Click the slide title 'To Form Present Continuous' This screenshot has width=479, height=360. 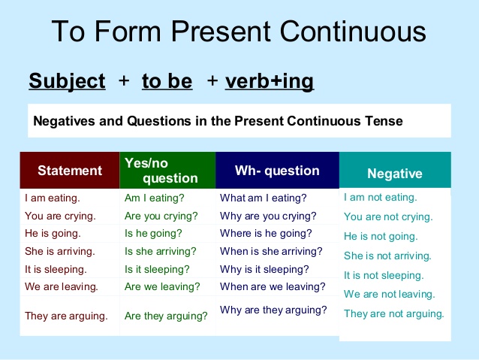[239, 32]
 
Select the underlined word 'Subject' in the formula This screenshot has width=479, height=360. [67, 81]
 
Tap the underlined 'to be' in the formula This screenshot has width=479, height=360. [167, 81]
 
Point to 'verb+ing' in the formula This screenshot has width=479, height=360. [270, 81]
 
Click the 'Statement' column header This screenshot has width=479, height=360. [70, 171]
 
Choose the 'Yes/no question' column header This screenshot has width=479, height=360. [167, 171]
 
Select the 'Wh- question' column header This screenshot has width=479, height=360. [277, 171]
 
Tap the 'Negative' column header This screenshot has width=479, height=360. [394, 174]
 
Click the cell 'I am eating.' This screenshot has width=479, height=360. [53, 199]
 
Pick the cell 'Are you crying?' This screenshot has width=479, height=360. [161, 216]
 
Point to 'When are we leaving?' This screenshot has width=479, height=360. [273, 286]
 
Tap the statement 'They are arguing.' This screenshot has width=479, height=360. [67, 316]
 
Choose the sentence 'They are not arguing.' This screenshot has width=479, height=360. [394, 313]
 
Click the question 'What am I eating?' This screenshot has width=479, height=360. [264, 198]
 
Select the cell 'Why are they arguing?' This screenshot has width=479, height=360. [273, 310]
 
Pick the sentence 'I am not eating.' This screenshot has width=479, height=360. [380, 198]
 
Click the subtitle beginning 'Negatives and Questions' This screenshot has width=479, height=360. [218, 120]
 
